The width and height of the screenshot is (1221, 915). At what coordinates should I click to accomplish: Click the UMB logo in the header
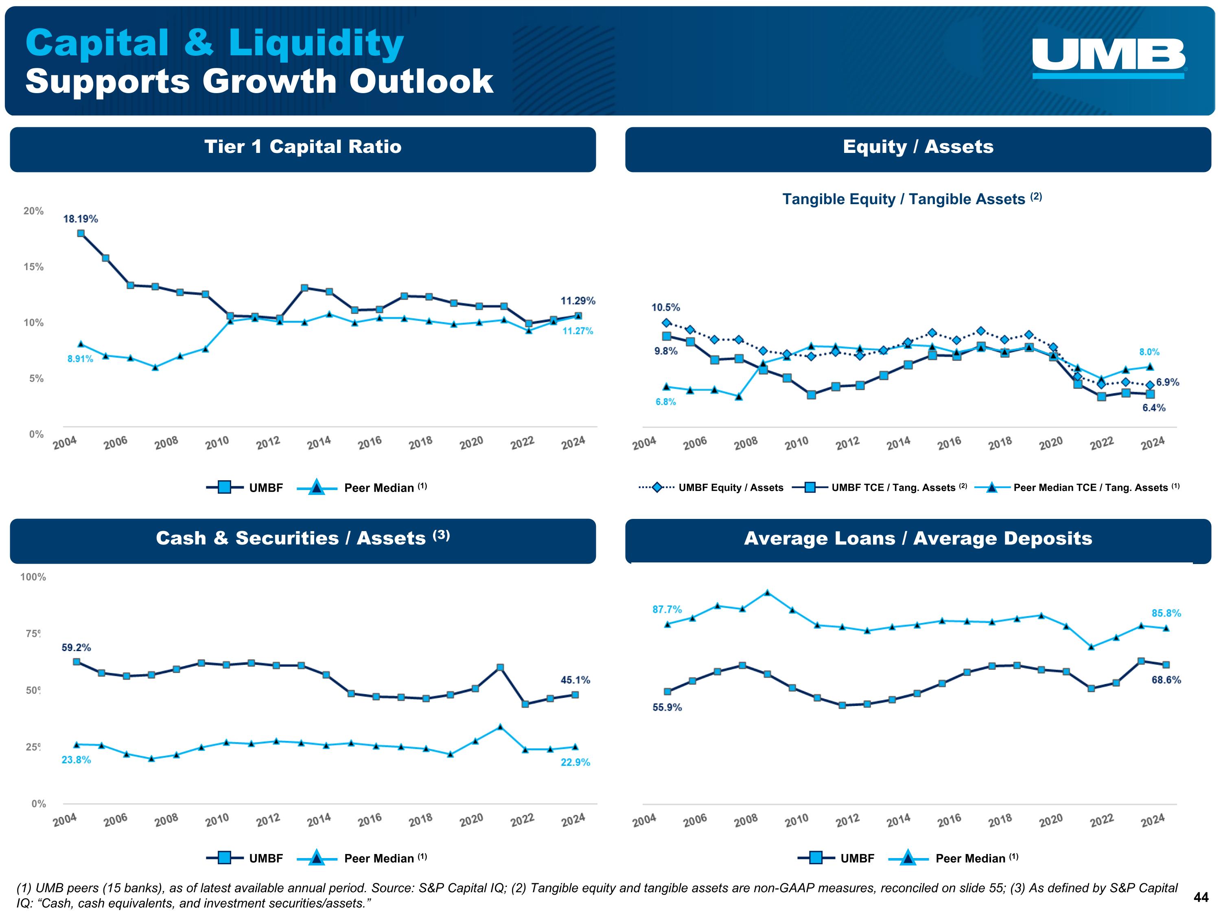(x=1108, y=58)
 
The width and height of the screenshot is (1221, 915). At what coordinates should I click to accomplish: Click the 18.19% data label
(x=81, y=219)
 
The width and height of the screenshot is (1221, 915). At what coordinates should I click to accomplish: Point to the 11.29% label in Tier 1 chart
(x=578, y=301)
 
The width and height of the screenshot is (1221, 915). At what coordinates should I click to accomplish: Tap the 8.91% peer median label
(x=80, y=359)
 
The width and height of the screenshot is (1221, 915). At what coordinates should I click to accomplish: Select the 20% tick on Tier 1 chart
(x=33, y=211)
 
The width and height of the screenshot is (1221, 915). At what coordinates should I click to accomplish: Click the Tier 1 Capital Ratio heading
(x=302, y=147)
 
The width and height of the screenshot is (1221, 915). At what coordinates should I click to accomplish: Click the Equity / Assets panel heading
(x=918, y=147)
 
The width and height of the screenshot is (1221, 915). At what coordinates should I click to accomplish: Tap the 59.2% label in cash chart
(x=76, y=647)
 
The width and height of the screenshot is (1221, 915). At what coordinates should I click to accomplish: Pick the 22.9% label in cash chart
(x=575, y=762)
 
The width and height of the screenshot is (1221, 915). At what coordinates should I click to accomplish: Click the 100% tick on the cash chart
(x=33, y=577)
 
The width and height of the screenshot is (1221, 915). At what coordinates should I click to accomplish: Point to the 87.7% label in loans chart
(x=667, y=610)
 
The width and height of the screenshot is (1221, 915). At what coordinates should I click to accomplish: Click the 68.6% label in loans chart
(x=1166, y=680)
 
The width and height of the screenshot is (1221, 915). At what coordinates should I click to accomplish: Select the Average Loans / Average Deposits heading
(x=918, y=538)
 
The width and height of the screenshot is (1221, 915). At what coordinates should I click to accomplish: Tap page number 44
(x=1201, y=898)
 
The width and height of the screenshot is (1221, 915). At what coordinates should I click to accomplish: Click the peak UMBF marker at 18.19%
(x=81, y=233)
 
